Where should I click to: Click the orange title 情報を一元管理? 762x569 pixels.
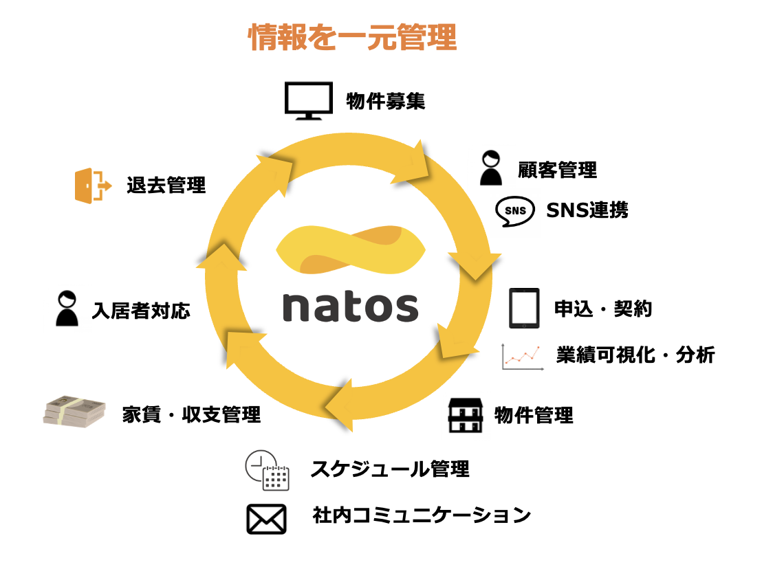[x=352, y=38]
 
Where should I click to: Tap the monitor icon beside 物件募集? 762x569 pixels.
[x=308, y=101]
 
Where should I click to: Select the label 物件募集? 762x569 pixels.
[x=385, y=102]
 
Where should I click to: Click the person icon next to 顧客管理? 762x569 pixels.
[x=491, y=168]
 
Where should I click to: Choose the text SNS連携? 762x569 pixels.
[x=587, y=210]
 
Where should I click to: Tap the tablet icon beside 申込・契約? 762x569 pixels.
[x=524, y=309]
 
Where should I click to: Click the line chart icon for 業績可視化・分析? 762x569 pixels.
[x=523, y=357]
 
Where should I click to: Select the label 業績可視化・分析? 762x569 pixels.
[x=635, y=355]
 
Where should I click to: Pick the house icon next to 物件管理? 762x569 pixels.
[x=466, y=414]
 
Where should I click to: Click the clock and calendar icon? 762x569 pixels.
[x=267, y=470]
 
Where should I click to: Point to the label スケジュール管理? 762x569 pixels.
[x=390, y=469]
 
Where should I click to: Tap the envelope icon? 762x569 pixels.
[x=266, y=519]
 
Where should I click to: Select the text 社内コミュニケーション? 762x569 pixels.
[x=422, y=515]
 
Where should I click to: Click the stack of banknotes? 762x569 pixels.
[x=75, y=412]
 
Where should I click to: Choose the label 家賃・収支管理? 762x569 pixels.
[x=192, y=414]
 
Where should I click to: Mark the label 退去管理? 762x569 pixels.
[x=166, y=186]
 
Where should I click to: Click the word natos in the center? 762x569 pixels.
[x=350, y=306]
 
